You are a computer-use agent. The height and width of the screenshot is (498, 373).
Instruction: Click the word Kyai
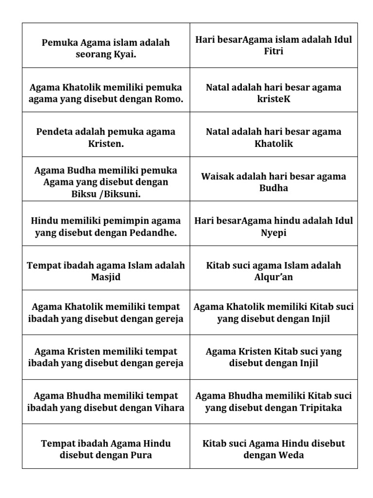tap(124, 54)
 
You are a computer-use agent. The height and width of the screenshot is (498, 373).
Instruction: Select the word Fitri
tap(273, 51)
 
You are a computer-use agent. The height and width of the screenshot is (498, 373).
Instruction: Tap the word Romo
tap(170, 99)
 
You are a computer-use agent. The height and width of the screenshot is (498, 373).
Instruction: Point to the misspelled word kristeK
tap(273, 99)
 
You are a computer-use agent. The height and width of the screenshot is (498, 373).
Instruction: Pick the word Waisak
tap(217, 176)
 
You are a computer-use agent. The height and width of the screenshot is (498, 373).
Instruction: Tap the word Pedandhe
tap(153, 233)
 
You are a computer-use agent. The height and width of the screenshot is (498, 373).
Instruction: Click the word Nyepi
tap(273, 233)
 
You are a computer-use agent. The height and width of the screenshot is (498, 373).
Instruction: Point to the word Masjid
tap(105, 277)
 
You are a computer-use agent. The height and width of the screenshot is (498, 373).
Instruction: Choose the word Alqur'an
tap(273, 277)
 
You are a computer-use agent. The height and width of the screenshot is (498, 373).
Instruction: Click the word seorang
tap(93, 54)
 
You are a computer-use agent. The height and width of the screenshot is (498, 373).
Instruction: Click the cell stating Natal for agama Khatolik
tap(273, 138)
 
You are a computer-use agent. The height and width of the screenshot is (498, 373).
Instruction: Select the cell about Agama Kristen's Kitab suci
tap(273, 357)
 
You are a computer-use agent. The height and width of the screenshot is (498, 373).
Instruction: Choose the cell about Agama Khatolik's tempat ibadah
tap(106, 313)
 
